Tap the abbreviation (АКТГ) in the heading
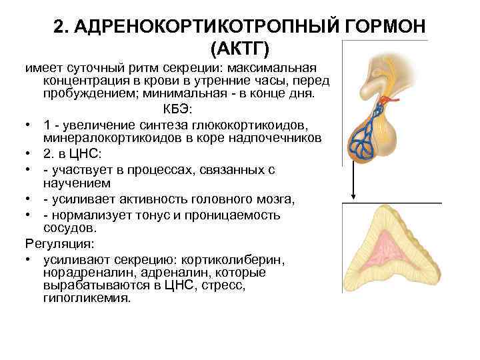[x=240, y=49]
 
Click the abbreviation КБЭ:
[x=177, y=109]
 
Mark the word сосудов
[x=66, y=229]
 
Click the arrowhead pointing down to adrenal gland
[x=353, y=197]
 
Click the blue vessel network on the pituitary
[x=365, y=136]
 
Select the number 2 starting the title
[x=60, y=27]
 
